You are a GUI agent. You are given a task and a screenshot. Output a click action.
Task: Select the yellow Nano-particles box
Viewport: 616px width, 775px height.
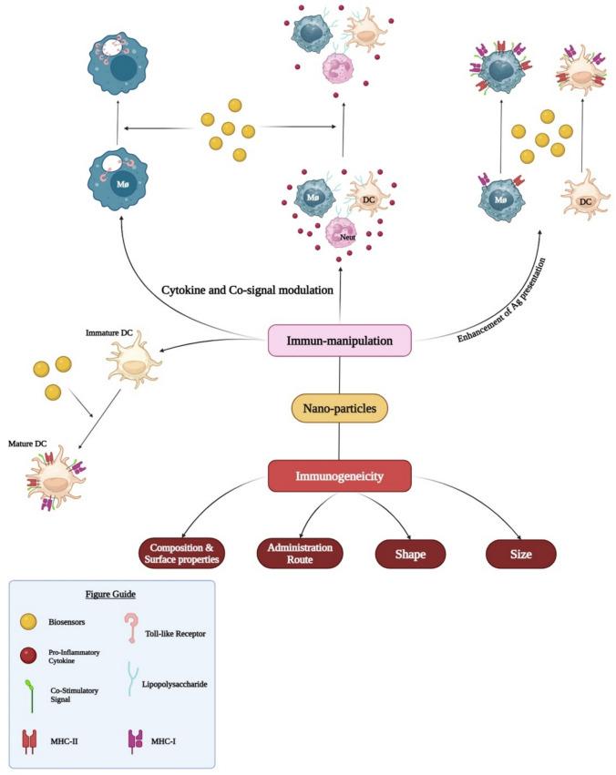coord(339,409)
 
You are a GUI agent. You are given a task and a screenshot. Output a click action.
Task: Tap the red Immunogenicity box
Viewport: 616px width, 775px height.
coord(339,474)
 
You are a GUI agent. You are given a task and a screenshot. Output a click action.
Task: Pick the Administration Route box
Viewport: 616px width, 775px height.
coord(300,553)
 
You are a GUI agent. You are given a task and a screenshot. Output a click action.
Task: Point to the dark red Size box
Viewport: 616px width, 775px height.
coord(520,553)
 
